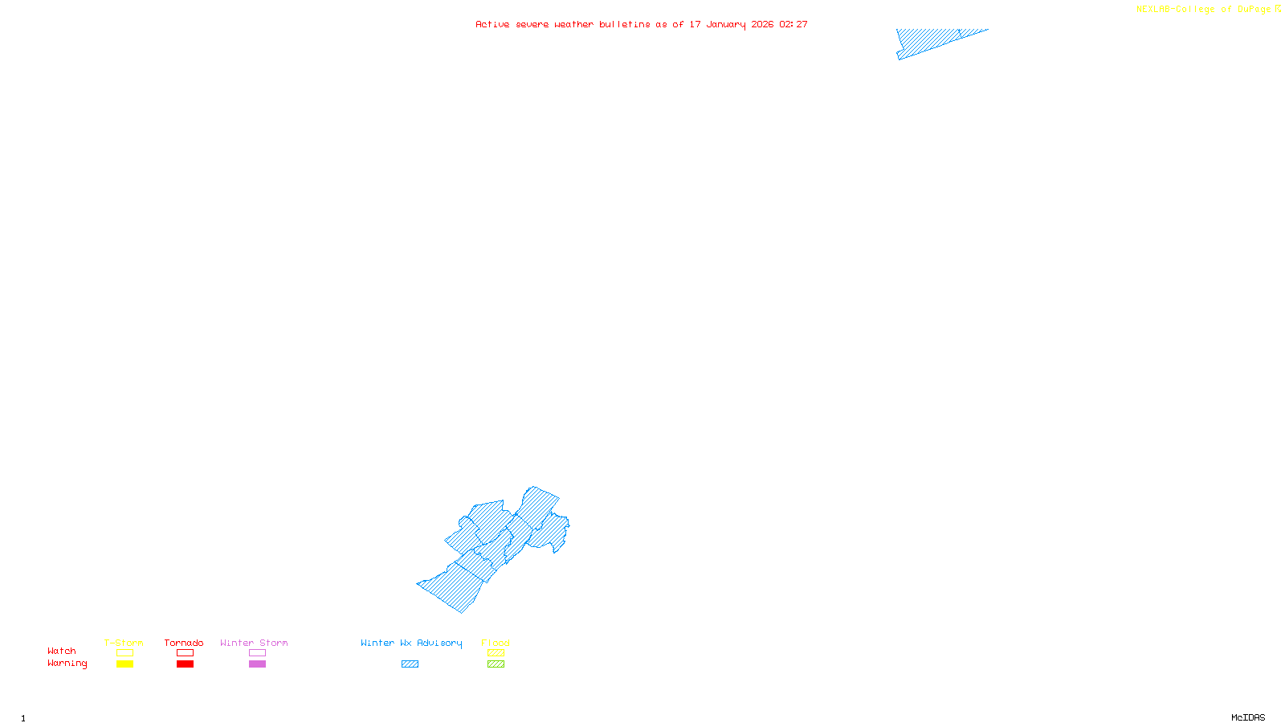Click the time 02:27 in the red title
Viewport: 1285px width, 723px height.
point(793,24)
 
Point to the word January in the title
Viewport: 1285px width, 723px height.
point(725,24)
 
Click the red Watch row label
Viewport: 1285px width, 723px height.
point(62,652)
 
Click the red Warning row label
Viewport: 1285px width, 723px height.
point(67,664)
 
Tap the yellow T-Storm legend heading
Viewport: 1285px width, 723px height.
point(124,643)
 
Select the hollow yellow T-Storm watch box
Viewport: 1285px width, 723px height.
point(124,653)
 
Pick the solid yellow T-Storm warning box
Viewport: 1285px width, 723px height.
point(124,664)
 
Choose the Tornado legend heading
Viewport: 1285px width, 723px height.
point(184,643)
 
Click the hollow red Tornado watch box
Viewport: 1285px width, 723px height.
point(185,653)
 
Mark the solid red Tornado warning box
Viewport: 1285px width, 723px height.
point(185,664)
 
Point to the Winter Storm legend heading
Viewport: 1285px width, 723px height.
point(254,643)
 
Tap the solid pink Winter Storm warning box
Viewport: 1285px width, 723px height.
point(257,664)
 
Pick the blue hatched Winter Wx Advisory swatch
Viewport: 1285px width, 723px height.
point(410,664)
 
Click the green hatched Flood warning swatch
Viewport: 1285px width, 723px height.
point(496,664)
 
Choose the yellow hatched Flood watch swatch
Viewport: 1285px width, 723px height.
point(496,653)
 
